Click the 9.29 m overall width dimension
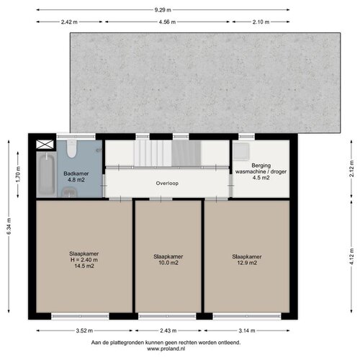coord(163,10)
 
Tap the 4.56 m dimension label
coord(167,22)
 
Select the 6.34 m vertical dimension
coord(9,226)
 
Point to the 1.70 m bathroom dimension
coord(18,174)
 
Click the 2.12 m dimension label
coord(351,168)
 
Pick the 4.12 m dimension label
coord(351,256)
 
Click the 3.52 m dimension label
coord(84,330)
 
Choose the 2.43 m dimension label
coord(168,330)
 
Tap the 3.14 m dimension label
coord(247,330)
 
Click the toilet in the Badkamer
coord(71,149)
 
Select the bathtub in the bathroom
coord(47,174)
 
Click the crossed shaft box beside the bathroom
coord(45,145)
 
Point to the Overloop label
coord(167,184)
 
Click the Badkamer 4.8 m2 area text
coord(76,176)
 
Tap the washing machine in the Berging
coord(241,151)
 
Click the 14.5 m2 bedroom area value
coord(84,266)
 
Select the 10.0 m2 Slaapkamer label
coord(168,260)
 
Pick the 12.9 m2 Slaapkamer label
coord(247,260)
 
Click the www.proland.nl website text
coord(166,348)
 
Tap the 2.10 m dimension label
coord(261,22)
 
